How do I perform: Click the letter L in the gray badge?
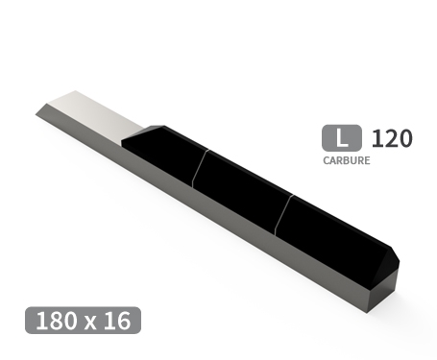point(340,138)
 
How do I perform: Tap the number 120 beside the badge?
point(391,138)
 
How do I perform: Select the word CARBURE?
point(346,160)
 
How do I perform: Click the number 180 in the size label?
point(55,320)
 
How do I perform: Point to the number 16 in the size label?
point(117,320)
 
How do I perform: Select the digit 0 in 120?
point(405,138)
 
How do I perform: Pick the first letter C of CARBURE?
point(327,160)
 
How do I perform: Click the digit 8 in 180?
point(55,320)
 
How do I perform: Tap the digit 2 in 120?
point(391,138)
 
